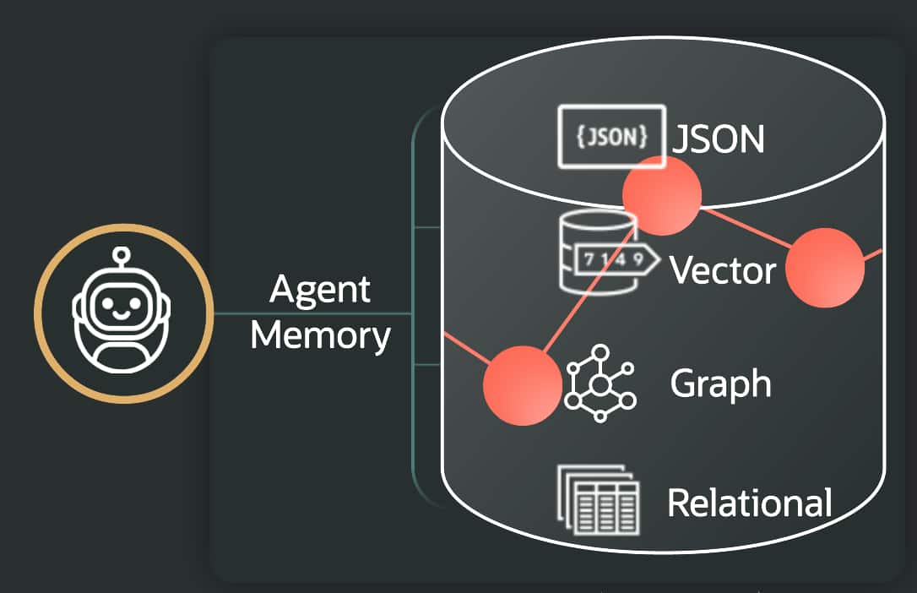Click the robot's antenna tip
(124, 252)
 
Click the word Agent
(320, 291)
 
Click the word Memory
(320, 335)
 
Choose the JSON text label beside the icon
(719, 139)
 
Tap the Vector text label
(722, 270)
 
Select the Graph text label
(720, 384)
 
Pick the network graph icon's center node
(600, 385)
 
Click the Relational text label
(749, 503)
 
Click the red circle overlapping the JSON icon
(662, 195)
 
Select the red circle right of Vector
(825, 268)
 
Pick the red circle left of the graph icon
(522, 385)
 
